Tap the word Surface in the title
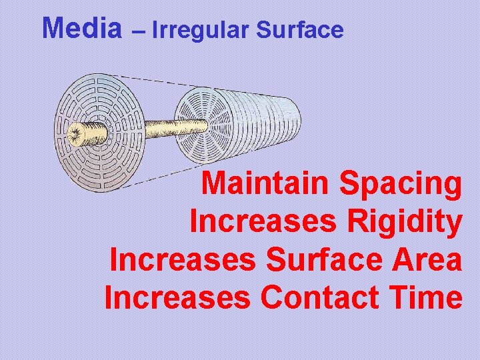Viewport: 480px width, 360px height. click(300, 30)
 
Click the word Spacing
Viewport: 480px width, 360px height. click(400, 183)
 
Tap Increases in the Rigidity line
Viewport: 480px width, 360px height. click(263, 222)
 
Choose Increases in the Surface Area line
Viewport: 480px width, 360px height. click(182, 260)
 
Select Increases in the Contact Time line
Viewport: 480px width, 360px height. click(177, 298)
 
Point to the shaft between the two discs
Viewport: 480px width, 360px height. click(143, 128)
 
